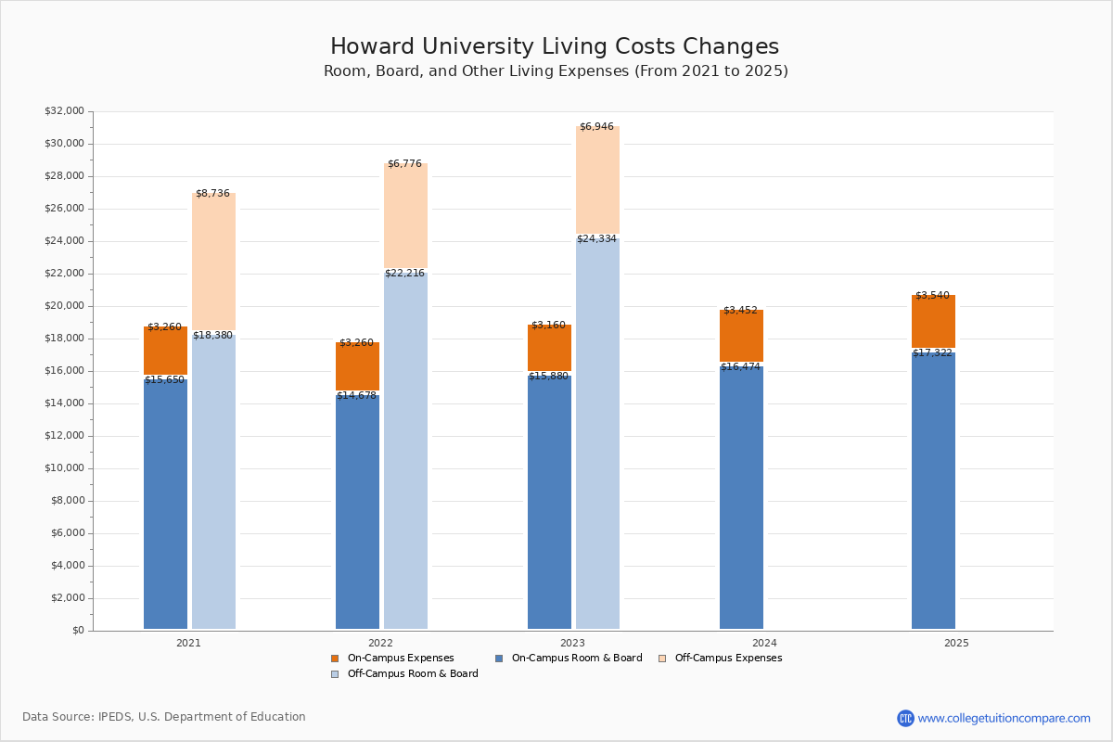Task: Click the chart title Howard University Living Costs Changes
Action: [x=555, y=47]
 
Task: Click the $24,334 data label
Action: [x=596, y=239]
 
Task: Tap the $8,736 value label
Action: [x=213, y=193]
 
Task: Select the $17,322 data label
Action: [x=932, y=353]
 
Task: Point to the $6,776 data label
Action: [x=404, y=164]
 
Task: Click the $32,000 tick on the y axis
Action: [x=64, y=111]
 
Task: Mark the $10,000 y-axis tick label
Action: [x=64, y=468]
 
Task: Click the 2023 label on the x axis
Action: [x=572, y=643]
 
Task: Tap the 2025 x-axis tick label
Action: [x=956, y=643]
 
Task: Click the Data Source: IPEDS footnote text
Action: [x=164, y=717]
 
